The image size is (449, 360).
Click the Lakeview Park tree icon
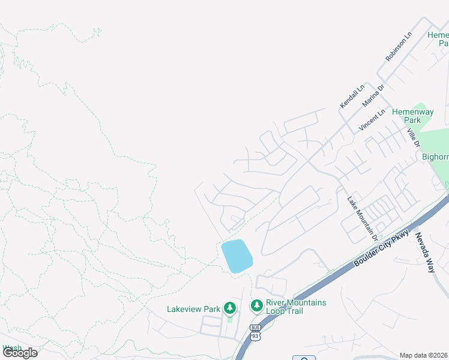(229, 308)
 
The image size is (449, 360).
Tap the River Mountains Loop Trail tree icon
(256, 306)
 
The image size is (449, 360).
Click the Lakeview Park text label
(194, 309)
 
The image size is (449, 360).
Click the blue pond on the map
(237, 256)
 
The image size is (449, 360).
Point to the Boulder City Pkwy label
(381, 248)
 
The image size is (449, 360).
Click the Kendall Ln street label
(352, 97)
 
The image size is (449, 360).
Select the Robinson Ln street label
(399, 47)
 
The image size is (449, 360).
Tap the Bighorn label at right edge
(435, 157)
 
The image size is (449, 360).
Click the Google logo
(20, 353)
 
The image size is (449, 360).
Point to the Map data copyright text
(424, 355)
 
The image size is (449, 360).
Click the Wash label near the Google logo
(11, 347)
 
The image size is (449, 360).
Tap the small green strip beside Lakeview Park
(229, 320)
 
